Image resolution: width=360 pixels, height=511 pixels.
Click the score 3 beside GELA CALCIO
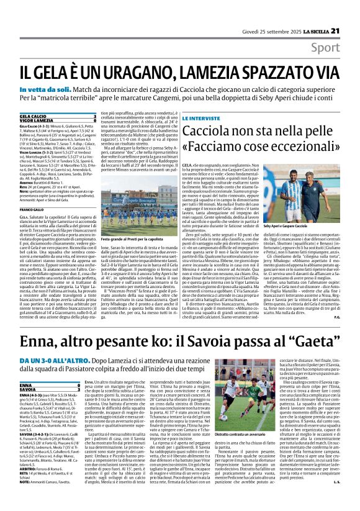click(x=94, y=115)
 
